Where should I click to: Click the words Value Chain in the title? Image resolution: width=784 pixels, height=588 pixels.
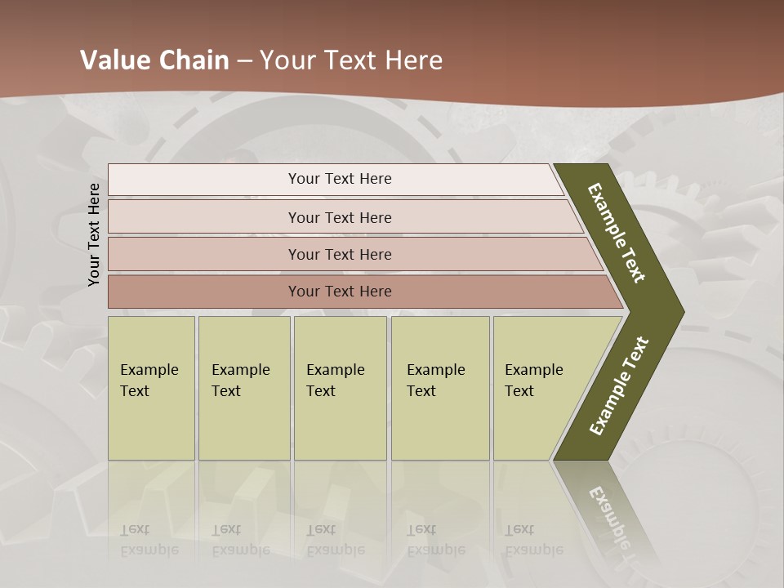point(154,60)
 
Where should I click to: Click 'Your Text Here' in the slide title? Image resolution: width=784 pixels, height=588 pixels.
point(351,60)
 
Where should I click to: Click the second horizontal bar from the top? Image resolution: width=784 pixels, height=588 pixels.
point(339,217)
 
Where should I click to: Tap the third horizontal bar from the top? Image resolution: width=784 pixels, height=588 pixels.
point(339,254)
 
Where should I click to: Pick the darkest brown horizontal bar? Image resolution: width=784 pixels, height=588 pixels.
point(339,292)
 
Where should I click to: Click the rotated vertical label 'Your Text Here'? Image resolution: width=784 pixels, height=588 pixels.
point(94,234)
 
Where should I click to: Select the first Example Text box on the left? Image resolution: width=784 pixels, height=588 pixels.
point(151,387)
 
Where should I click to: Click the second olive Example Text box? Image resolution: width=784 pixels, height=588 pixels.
point(244,387)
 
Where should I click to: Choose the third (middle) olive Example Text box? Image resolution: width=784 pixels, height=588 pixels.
point(340,387)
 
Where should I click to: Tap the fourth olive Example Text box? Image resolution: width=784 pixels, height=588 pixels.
point(440,387)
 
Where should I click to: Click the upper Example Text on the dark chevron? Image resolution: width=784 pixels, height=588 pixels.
point(617,232)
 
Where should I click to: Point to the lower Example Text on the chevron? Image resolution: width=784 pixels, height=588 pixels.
point(618,386)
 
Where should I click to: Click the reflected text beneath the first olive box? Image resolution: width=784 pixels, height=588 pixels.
point(149,540)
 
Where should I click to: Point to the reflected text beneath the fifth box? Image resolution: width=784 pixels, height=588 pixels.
point(534,540)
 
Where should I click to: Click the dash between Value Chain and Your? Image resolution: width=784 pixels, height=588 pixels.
point(244,61)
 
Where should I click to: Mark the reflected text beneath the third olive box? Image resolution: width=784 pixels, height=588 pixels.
point(336,540)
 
